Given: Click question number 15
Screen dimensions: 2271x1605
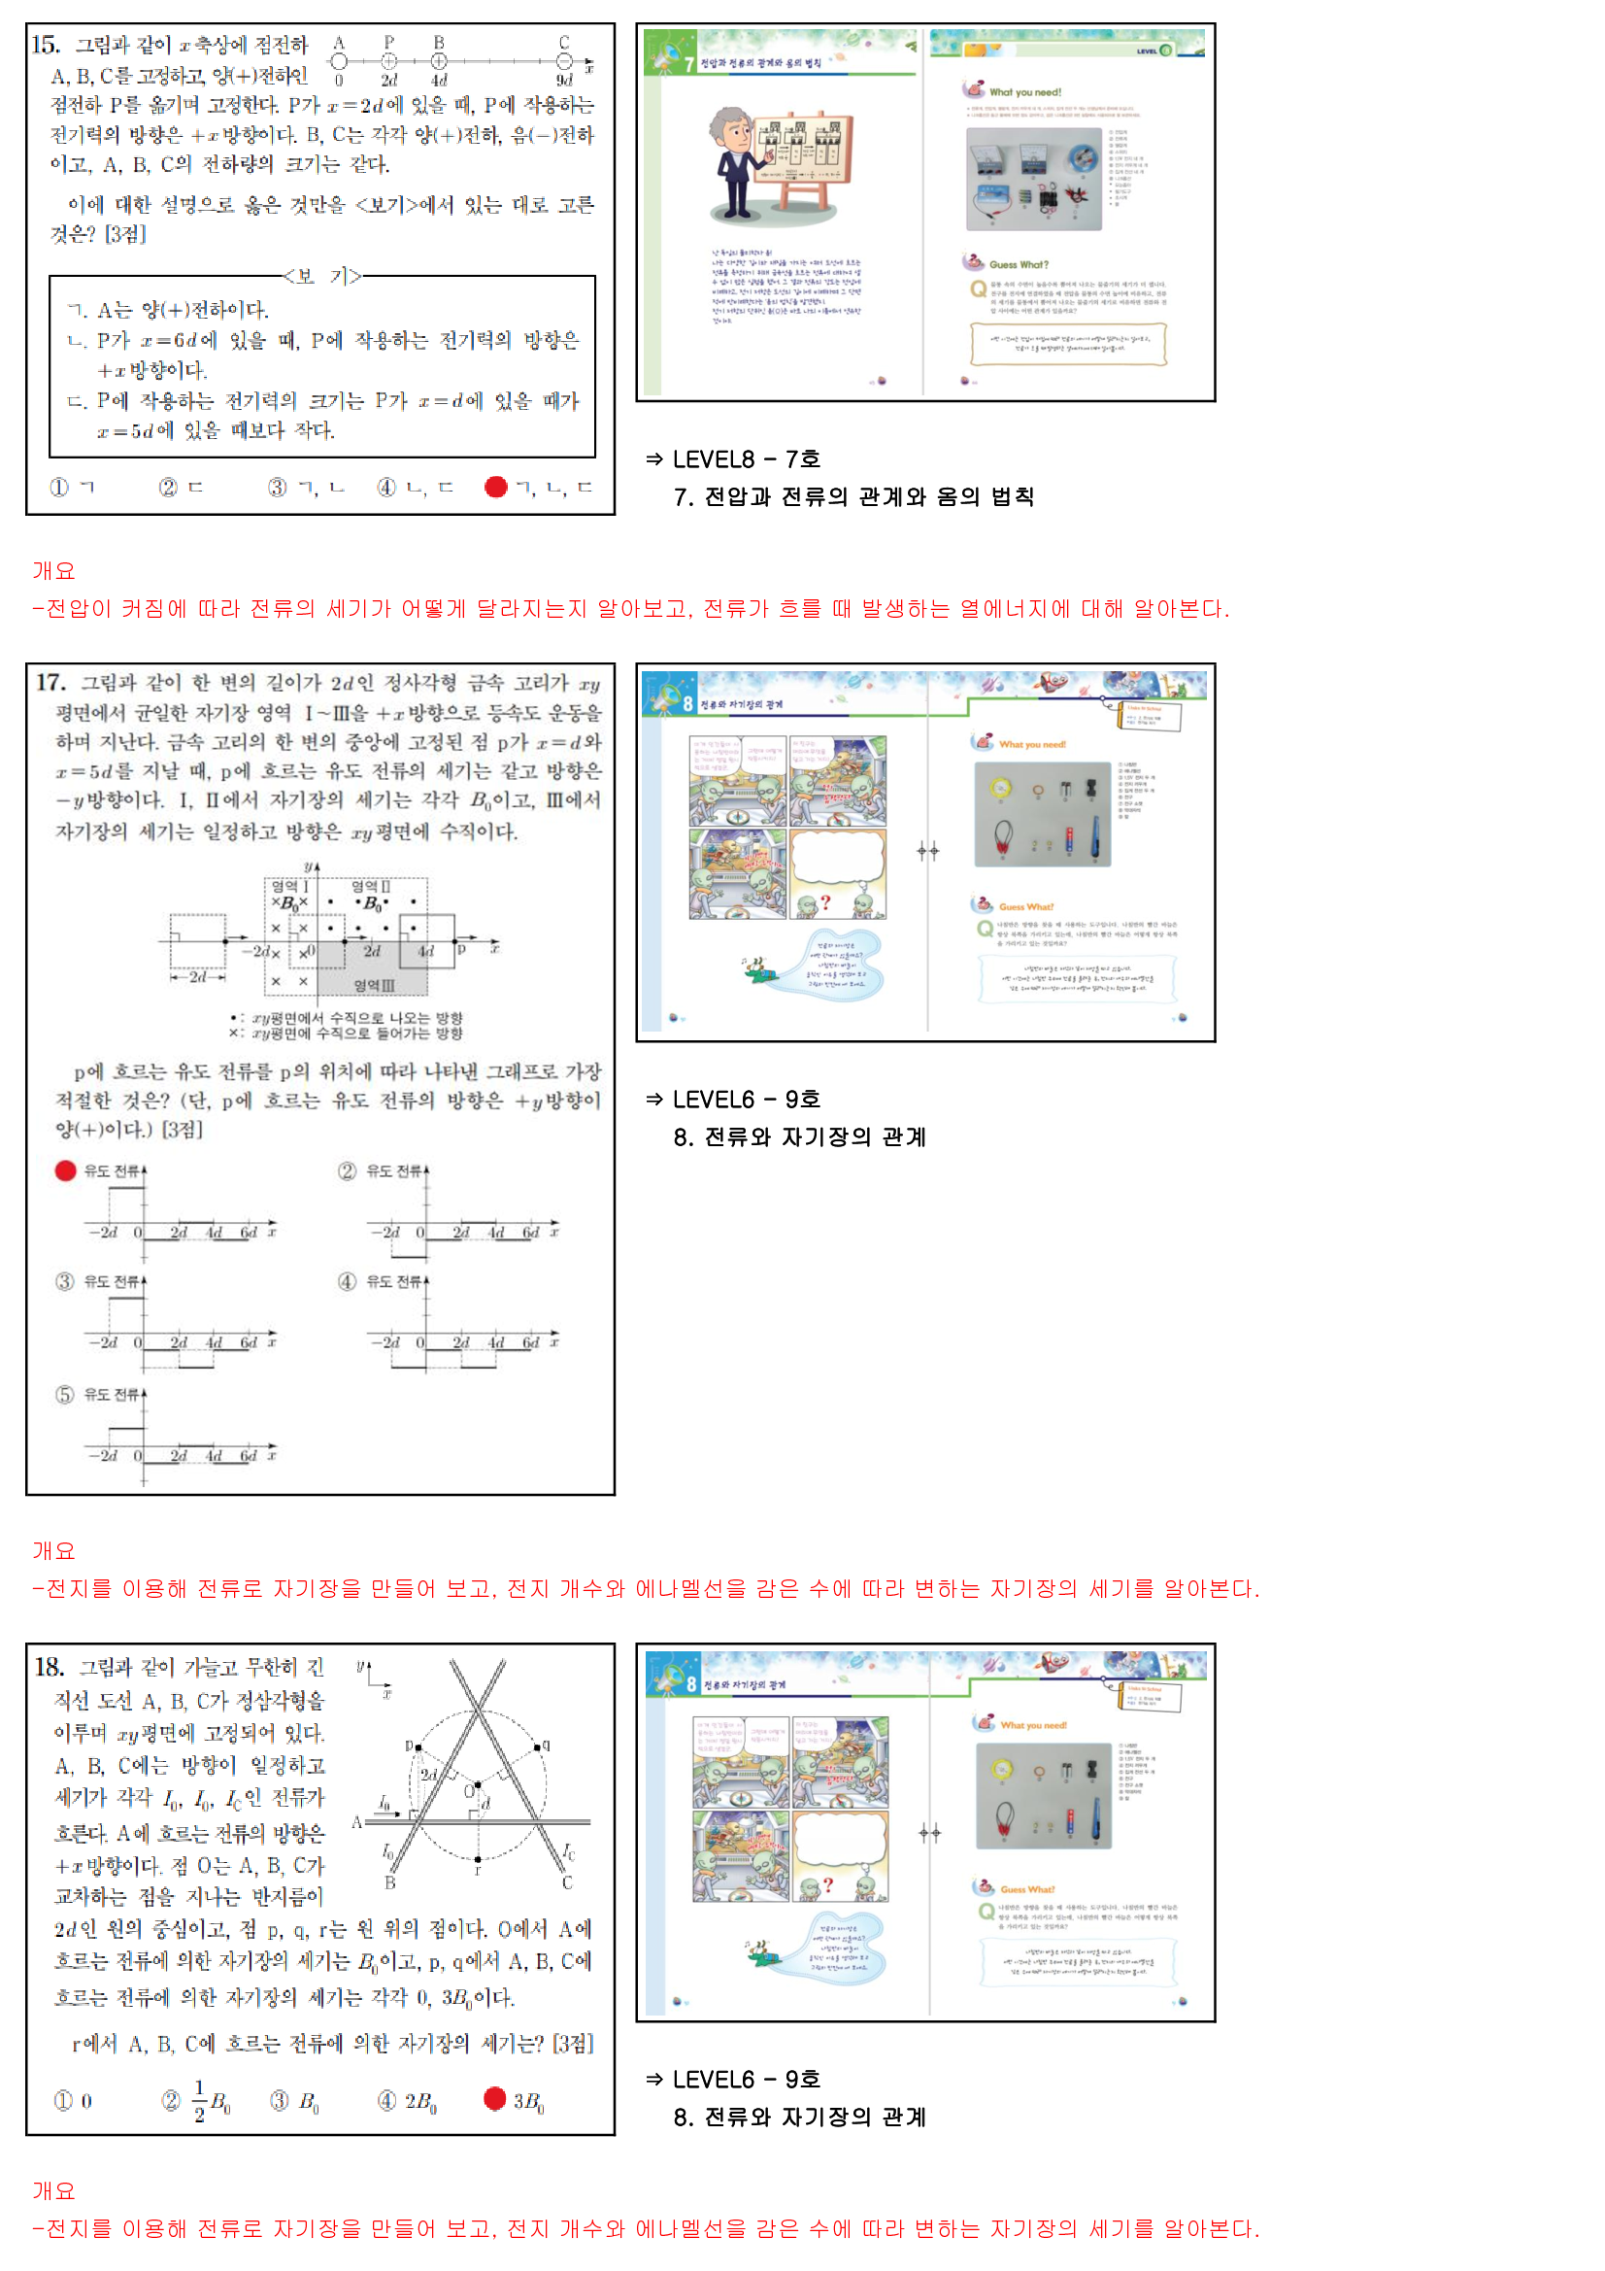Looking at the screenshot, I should (x=46, y=45).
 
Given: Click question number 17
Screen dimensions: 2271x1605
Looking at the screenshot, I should (x=50, y=683).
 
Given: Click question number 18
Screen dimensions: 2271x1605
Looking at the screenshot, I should (x=49, y=1667).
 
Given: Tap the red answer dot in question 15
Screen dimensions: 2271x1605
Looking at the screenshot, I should (x=496, y=487).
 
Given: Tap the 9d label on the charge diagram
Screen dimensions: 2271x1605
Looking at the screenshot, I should (x=564, y=80).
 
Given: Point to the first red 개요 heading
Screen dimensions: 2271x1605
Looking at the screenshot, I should (x=53, y=571).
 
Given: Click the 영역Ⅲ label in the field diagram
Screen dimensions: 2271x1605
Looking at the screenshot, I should (x=374, y=986).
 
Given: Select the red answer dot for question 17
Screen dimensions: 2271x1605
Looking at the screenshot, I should (x=65, y=1171).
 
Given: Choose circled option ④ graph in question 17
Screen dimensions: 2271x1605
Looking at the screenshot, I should (x=347, y=1282).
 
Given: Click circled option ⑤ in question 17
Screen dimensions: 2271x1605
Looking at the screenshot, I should (x=64, y=1395).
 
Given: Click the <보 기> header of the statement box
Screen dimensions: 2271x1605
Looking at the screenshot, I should (x=322, y=276).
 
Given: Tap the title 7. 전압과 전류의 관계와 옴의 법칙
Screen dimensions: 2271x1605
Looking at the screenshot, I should (x=853, y=496).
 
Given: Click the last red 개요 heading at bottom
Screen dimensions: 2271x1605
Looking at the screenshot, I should (x=53, y=2191).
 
